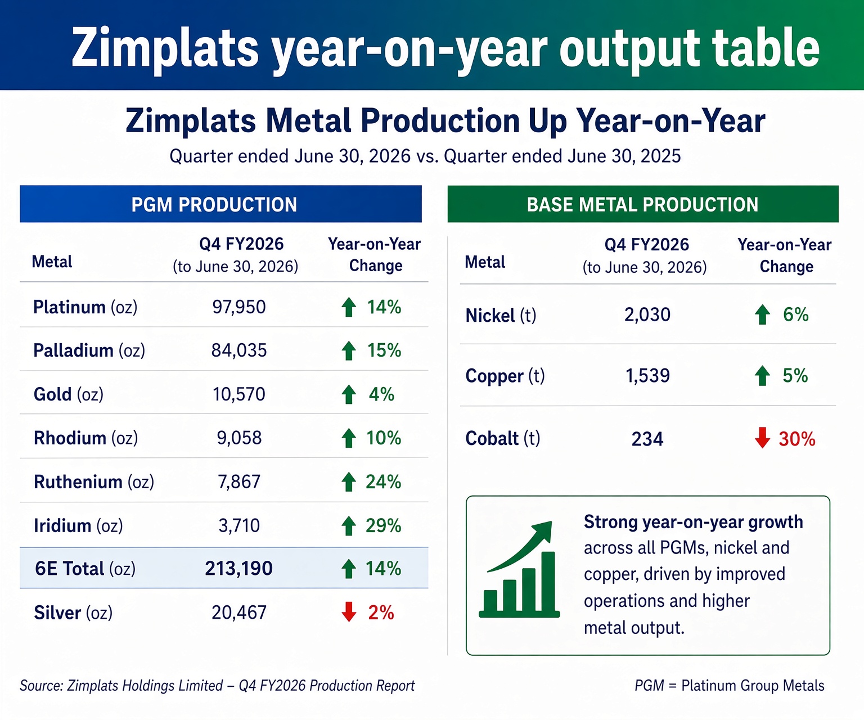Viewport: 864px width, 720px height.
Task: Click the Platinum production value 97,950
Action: point(238,307)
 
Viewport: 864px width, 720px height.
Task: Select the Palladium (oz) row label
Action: point(89,350)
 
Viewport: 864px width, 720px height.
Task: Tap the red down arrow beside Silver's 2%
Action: point(349,612)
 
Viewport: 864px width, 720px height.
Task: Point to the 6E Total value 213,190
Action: point(238,569)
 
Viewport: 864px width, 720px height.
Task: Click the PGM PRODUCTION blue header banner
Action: point(220,204)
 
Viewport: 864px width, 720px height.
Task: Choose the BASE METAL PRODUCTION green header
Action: point(643,204)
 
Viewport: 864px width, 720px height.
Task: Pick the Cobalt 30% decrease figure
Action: point(797,439)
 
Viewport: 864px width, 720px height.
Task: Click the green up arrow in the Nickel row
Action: point(762,315)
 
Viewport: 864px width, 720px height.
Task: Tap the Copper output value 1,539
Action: point(647,376)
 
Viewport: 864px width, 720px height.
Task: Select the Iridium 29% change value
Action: point(383,525)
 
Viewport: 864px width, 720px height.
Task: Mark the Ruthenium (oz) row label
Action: point(94,482)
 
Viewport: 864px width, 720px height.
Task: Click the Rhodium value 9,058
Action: point(239,438)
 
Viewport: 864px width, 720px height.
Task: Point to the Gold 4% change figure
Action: point(381,394)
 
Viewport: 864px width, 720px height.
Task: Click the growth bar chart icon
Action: point(519,569)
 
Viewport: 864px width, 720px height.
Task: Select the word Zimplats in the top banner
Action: point(165,48)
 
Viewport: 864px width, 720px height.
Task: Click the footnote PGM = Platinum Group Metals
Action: point(730,686)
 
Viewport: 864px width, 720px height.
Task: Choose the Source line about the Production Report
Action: point(217,686)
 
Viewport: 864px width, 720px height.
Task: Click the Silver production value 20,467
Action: point(239,613)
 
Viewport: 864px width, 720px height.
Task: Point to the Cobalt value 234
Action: point(647,439)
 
